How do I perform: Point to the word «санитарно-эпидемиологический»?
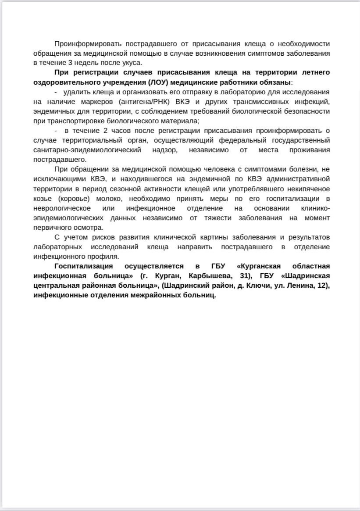[87, 150]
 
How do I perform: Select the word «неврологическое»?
[62, 208]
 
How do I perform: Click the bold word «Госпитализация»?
[83, 266]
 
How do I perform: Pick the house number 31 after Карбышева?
[239, 276]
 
